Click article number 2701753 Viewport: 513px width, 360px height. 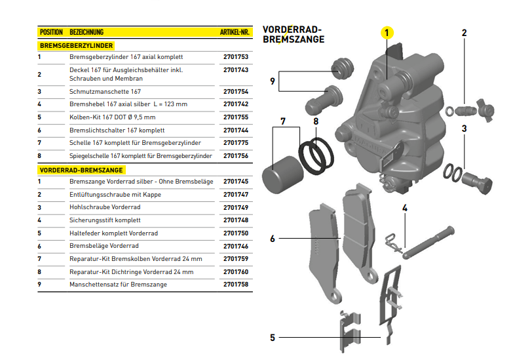(x=236, y=57)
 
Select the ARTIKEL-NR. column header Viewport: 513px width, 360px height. (x=234, y=31)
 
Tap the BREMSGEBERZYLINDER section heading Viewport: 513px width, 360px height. (x=77, y=46)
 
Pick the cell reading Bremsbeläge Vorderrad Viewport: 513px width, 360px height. (x=104, y=246)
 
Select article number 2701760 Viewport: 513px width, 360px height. (x=236, y=271)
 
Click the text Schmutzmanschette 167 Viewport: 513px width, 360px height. (x=105, y=92)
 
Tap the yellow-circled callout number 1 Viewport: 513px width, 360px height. (x=387, y=32)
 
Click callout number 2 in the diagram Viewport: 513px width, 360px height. (x=464, y=33)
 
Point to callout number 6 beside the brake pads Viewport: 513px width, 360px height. (x=273, y=239)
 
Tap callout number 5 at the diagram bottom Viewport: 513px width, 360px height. (x=273, y=338)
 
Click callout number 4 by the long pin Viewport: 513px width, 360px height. (x=405, y=209)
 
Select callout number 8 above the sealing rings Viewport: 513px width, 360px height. (x=316, y=121)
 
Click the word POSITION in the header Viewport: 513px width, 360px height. (x=51, y=31)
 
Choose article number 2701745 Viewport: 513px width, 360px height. (x=236, y=182)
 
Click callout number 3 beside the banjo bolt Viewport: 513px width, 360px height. (x=464, y=129)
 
